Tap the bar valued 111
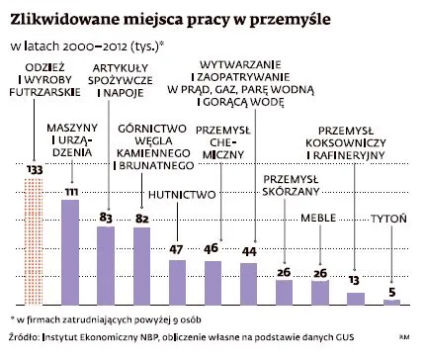[70, 252]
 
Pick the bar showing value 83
[106, 265]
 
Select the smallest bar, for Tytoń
[391, 301]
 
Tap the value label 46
[213, 249]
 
